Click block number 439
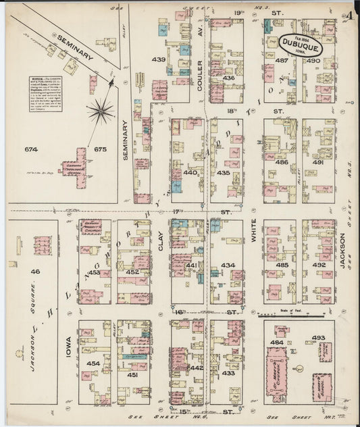(x=159, y=60)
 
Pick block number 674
(x=30, y=149)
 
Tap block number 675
(x=101, y=149)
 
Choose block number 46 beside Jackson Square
(x=35, y=271)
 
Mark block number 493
(x=319, y=338)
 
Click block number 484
(x=276, y=343)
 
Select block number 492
(x=319, y=266)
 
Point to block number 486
(x=281, y=163)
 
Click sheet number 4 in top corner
(x=353, y=15)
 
